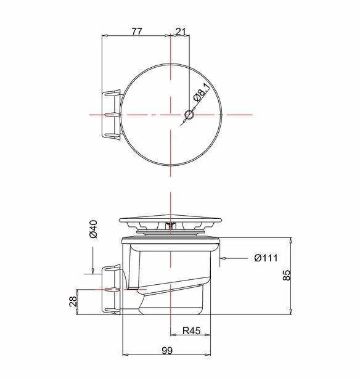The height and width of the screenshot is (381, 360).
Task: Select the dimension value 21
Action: coord(181,31)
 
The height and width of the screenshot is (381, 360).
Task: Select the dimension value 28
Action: coord(73,301)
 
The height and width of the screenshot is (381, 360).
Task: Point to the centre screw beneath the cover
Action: coord(170,227)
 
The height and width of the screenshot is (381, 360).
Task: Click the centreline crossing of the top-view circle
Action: coord(170,115)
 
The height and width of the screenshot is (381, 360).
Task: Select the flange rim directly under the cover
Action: coord(170,239)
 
